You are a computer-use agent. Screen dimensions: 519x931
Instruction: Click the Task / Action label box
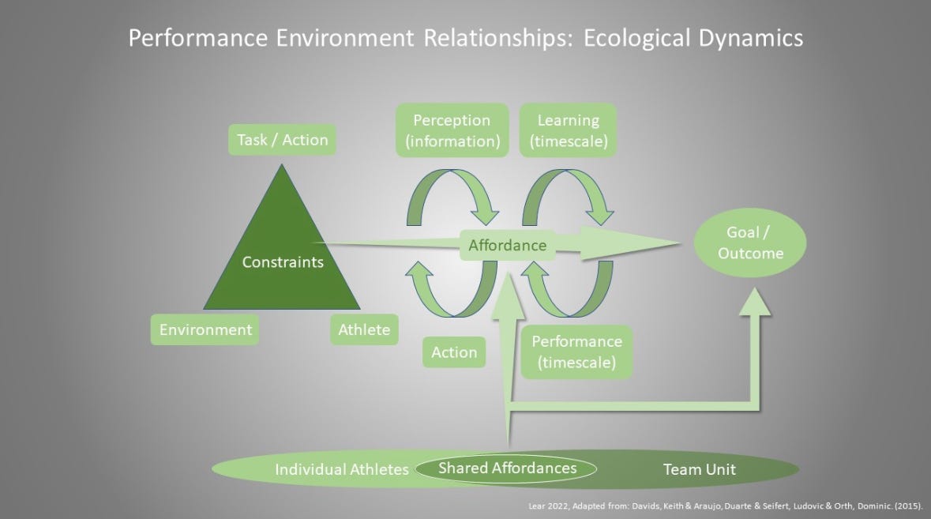pyautogui.click(x=282, y=140)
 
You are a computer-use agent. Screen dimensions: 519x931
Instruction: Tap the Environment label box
pyautogui.click(x=205, y=329)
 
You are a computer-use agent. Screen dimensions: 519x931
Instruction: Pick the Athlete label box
pyautogui.click(x=364, y=329)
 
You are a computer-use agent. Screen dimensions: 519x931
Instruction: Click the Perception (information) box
pyautogui.click(x=451, y=130)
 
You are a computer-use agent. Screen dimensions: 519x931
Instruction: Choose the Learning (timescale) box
pyautogui.click(x=568, y=130)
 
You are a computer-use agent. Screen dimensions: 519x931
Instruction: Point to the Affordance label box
pyautogui.click(x=507, y=245)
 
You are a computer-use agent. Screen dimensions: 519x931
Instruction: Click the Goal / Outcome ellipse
pyautogui.click(x=750, y=243)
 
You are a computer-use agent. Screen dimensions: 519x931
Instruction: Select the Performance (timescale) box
pyautogui.click(x=576, y=352)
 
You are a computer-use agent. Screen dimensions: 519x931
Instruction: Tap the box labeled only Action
pyautogui.click(x=454, y=352)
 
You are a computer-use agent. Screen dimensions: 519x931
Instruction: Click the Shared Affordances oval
pyautogui.click(x=507, y=468)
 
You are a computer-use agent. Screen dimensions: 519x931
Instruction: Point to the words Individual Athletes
pyautogui.click(x=341, y=469)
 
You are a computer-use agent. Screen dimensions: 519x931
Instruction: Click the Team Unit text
pyautogui.click(x=699, y=469)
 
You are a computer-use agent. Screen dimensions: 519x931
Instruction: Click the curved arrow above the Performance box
pyautogui.click(x=567, y=293)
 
